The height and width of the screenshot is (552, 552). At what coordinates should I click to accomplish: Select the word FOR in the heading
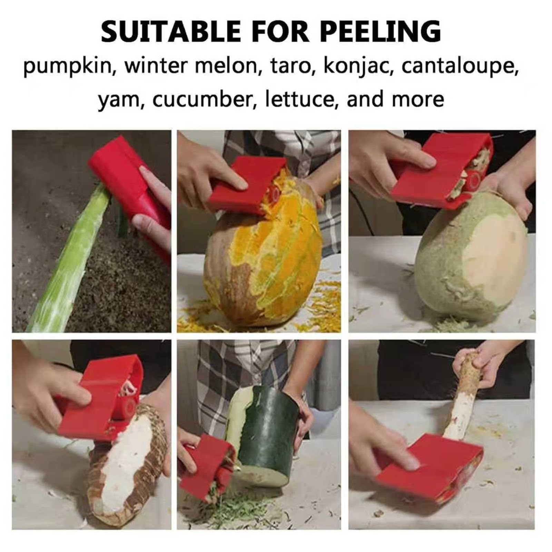tap(280, 32)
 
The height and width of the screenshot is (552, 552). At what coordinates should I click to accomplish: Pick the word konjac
tap(358, 66)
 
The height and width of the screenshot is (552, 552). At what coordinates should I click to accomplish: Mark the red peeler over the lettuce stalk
tap(131, 183)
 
